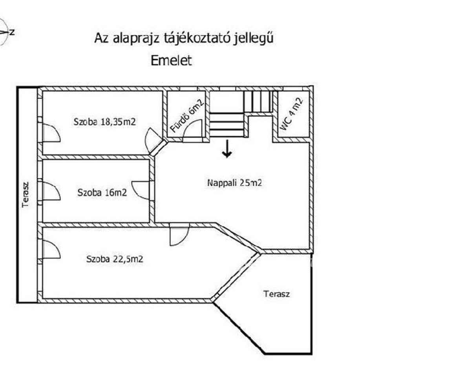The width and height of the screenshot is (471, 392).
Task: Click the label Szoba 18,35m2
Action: pos(105,122)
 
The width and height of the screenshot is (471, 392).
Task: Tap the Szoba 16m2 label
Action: pos(102,192)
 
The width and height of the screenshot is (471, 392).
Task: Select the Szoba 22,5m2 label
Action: pos(114,259)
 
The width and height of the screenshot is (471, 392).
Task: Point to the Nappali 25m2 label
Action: pos(234,183)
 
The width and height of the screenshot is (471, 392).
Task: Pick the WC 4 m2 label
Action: pos(292,114)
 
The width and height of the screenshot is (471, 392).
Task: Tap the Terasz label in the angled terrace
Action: pos(277,294)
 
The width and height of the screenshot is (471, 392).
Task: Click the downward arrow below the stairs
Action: pos(226,149)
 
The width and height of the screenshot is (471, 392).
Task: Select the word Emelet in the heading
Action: pos(172,61)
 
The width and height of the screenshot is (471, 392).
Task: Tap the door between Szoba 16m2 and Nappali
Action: pos(141,190)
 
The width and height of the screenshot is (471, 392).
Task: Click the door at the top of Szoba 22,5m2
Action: pos(179,235)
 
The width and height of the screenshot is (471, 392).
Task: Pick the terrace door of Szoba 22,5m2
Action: pos(50,250)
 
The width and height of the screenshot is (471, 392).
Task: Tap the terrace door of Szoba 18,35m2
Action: pos(50,133)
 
